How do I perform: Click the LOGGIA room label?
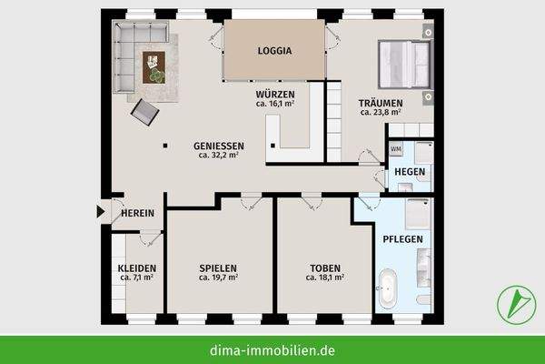[x=274, y=51]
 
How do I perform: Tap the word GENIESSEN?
[x=218, y=146]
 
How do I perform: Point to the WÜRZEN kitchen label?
[x=273, y=94]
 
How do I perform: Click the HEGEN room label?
[x=408, y=172]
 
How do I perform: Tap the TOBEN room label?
[x=325, y=268]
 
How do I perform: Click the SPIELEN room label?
[x=218, y=268]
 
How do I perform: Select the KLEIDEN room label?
[x=136, y=268]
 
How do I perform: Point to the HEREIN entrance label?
[x=137, y=213]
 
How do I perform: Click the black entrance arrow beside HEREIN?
[x=101, y=212]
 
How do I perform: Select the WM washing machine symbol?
[x=396, y=148]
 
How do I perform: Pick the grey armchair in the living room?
[x=145, y=112]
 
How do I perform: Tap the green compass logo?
[x=514, y=303]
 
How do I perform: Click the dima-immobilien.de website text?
[x=272, y=349]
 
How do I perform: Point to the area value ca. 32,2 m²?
[x=218, y=156]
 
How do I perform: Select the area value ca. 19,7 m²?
[x=218, y=278]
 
